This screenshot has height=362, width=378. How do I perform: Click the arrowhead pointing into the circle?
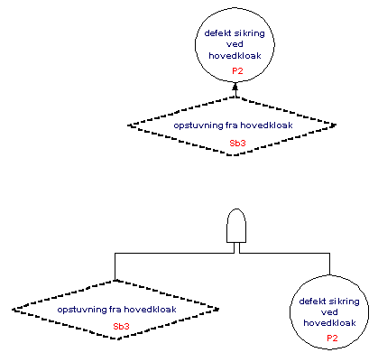(x=235, y=86)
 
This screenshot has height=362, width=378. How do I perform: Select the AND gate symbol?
(x=236, y=226)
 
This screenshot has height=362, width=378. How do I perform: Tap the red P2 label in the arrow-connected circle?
(x=237, y=71)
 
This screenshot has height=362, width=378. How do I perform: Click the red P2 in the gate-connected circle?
(x=332, y=339)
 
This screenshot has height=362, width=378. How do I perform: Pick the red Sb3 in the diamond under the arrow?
(x=237, y=144)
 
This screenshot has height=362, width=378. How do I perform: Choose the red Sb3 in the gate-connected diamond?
(x=121, y=327)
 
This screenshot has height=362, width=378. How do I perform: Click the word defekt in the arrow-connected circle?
(x=217, y=33)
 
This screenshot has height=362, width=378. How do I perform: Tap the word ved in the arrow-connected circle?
(x=235, y=44)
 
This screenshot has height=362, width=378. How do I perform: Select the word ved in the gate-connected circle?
(x=329, y=312)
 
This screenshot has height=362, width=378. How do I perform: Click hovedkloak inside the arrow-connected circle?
(x=235, y=56)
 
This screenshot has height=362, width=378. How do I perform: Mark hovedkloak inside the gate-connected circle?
(x=329, y=323)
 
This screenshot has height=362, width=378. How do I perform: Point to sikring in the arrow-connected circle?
(x=250, y=33)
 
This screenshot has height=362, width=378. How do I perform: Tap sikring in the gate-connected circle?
(x=345, y=302)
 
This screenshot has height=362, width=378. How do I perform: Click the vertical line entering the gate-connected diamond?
(x=115, y=266)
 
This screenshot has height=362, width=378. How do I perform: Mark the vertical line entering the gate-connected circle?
(x=329, y=264)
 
